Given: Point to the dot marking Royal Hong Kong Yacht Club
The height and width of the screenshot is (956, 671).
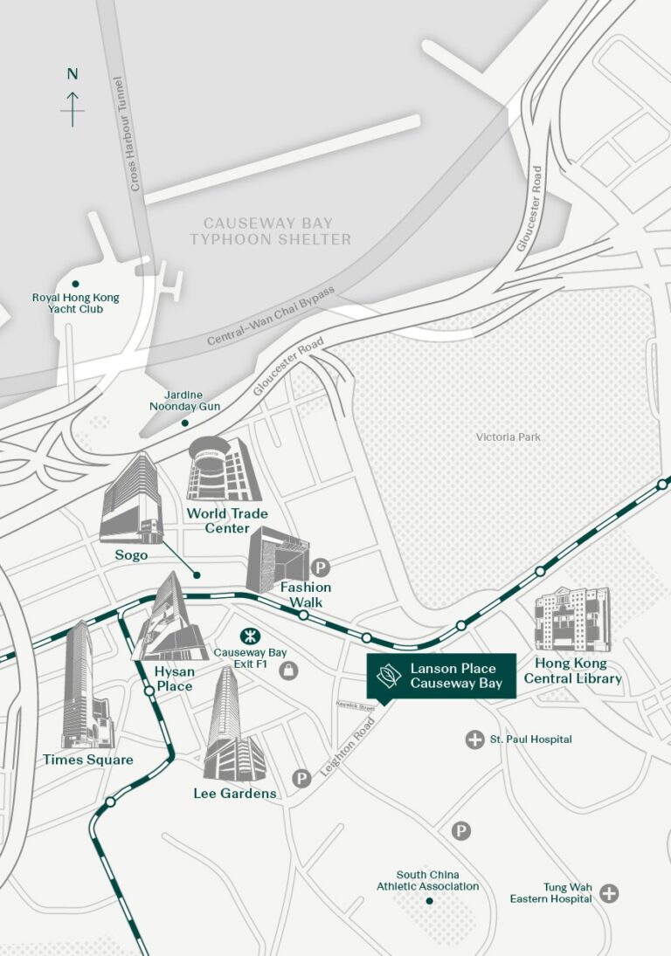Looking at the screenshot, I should pyautogui.click(x=76, y=284).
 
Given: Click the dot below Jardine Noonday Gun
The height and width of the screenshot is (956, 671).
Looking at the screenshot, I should pyautogui.click(x=184, y=423).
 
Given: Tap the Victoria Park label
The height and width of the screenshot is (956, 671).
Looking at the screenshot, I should pyautogui.click(x=508, y=437).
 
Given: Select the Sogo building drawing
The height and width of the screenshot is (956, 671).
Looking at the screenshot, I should pyautogui.click(x=131, y=499).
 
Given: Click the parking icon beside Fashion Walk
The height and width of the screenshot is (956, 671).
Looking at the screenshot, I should pyautogui.click(x=321, y=567).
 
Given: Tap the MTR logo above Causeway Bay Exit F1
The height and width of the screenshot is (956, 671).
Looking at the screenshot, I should pyautogui.click(x=246, y=635).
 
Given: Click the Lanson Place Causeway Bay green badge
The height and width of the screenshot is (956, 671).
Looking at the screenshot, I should pyautogui.click(x=441, y=676).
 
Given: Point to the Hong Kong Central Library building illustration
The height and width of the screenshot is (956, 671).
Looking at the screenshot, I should pyautogui.click(x=572, y=619).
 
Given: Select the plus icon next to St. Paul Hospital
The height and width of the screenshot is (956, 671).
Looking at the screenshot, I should pyautogui.click(x=474, y=739).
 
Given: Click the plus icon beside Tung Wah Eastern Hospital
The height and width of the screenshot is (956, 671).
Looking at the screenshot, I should pyautogui.click(x=609, y=892).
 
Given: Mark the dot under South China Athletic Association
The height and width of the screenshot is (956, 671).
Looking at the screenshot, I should pyautogui.click(x=429, y=900).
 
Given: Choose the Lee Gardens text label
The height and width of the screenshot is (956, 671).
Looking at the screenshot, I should pyautogui.click(x=235, y=794).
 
